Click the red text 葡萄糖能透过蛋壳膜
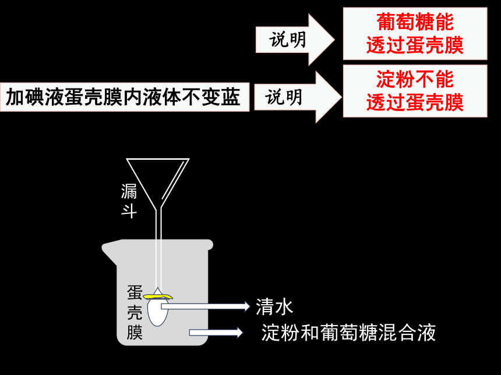[415, 34]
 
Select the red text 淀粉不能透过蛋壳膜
[415, 91]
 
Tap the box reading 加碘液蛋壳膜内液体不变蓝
[125, 97]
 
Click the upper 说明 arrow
[295, 40]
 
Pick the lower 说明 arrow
[298, 97]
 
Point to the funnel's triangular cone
[158, 183]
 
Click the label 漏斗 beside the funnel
[129, 201]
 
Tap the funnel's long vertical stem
[158, 248]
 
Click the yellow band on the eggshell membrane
[158, 297]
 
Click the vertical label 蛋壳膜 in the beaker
[135, 312]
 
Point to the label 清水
[274, 307]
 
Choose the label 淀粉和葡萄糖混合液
[348, 333]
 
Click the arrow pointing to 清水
[205, 306]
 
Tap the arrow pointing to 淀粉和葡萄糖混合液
[216, 333]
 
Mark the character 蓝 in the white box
[231, 97]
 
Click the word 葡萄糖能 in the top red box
[415, 22]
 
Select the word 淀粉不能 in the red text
[415, 79]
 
